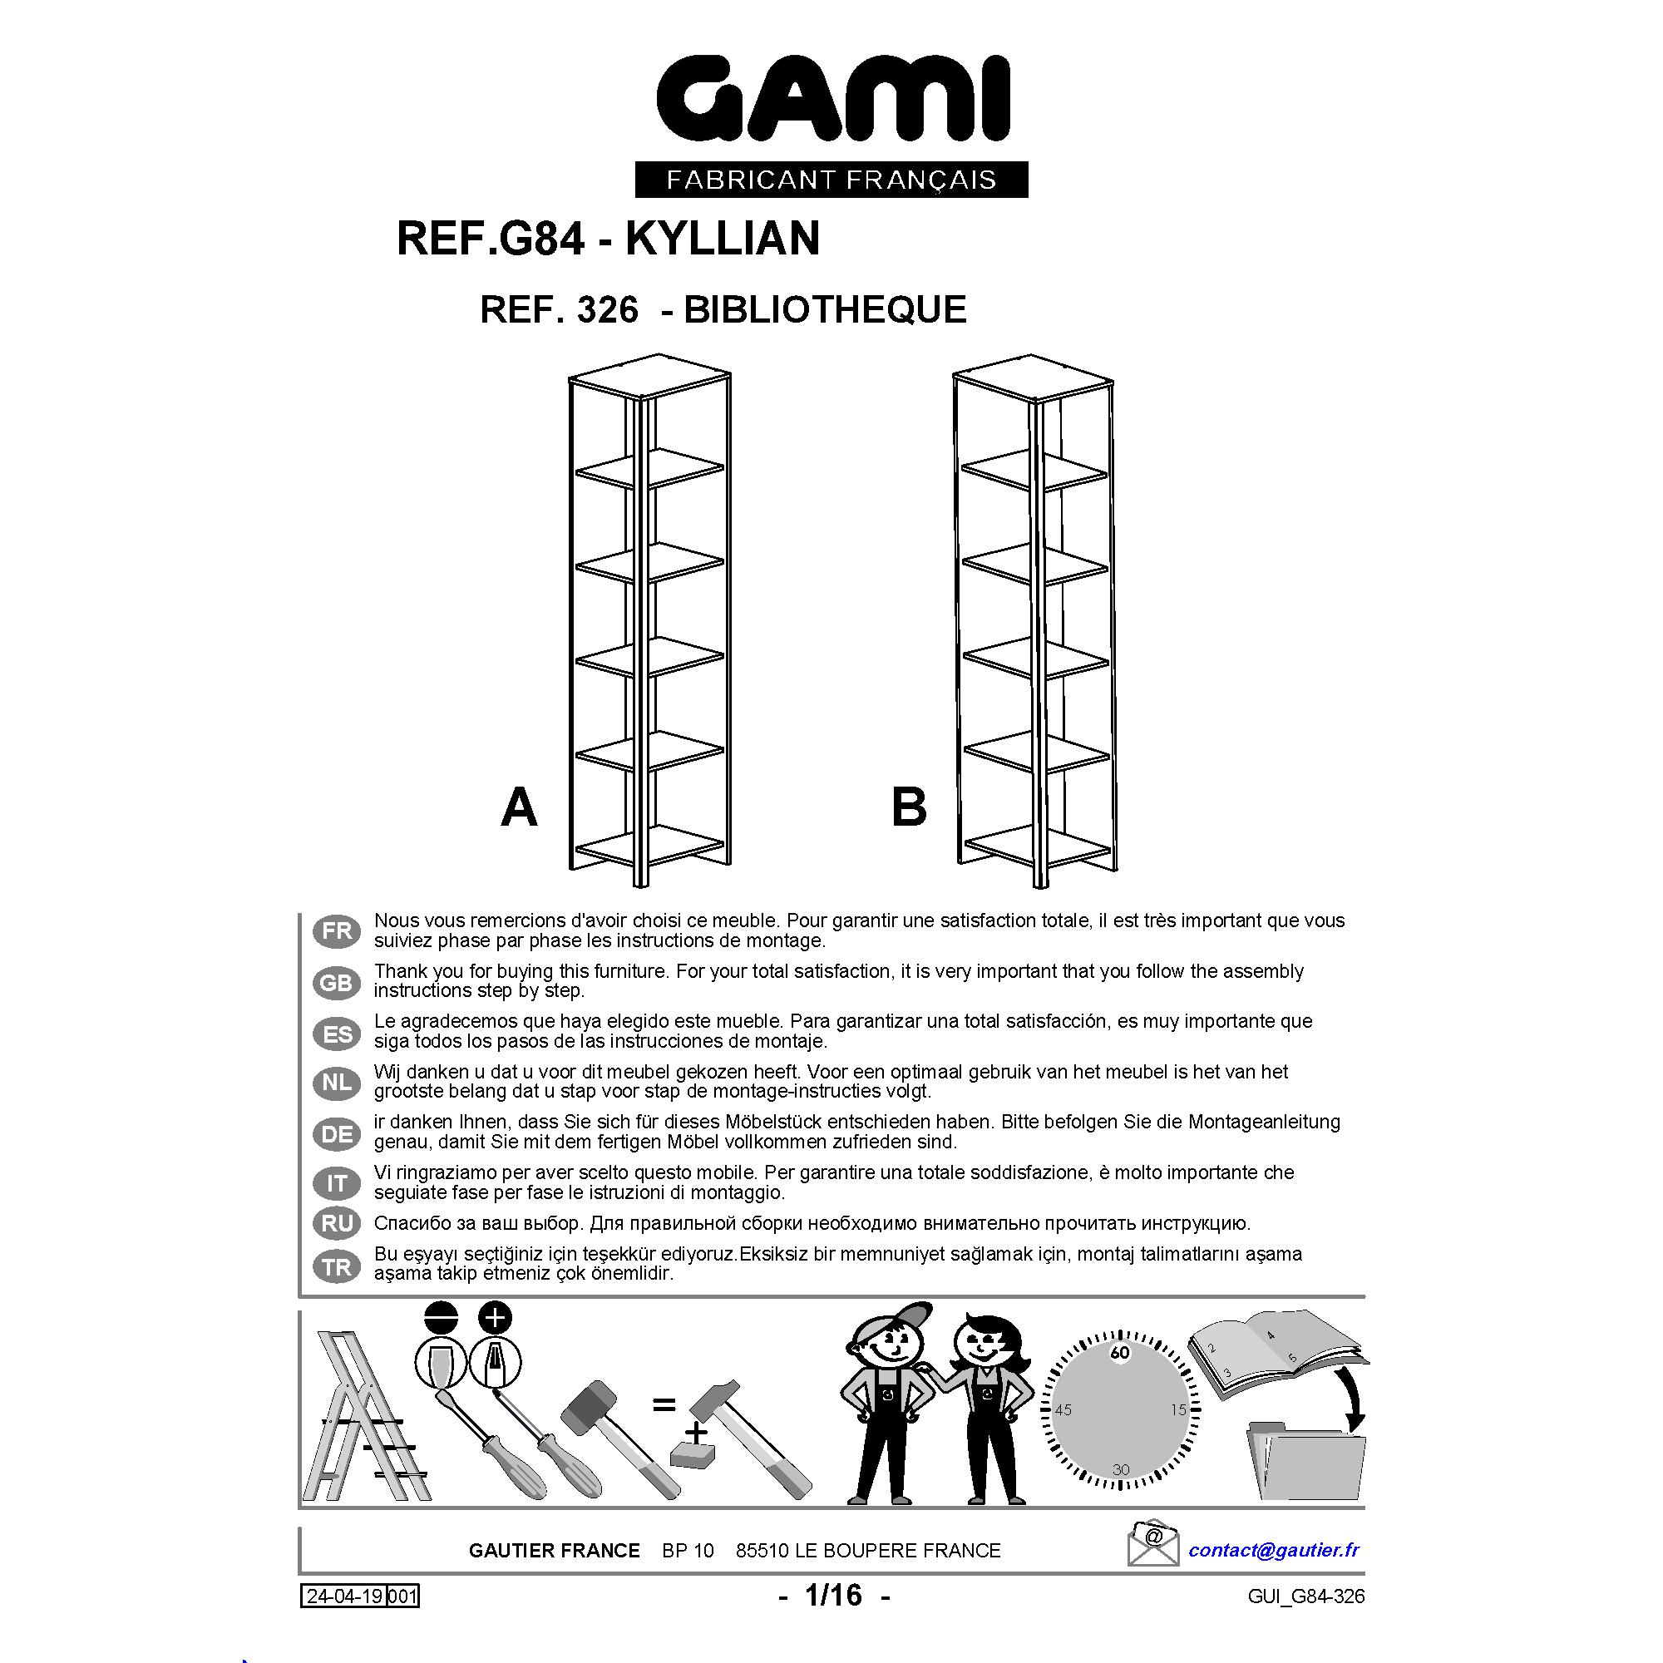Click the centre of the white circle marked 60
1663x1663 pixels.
tap(1120, 1352)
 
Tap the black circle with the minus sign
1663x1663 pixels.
tap(441, 1317)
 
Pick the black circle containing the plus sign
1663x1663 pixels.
tap(495, 1317)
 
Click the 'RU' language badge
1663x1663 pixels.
tap(337, 1223)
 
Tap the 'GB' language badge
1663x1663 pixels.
tap(337, 983)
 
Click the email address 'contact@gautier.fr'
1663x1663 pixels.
tap(1274, 1549)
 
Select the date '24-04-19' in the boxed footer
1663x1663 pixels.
tap(344, 1596)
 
